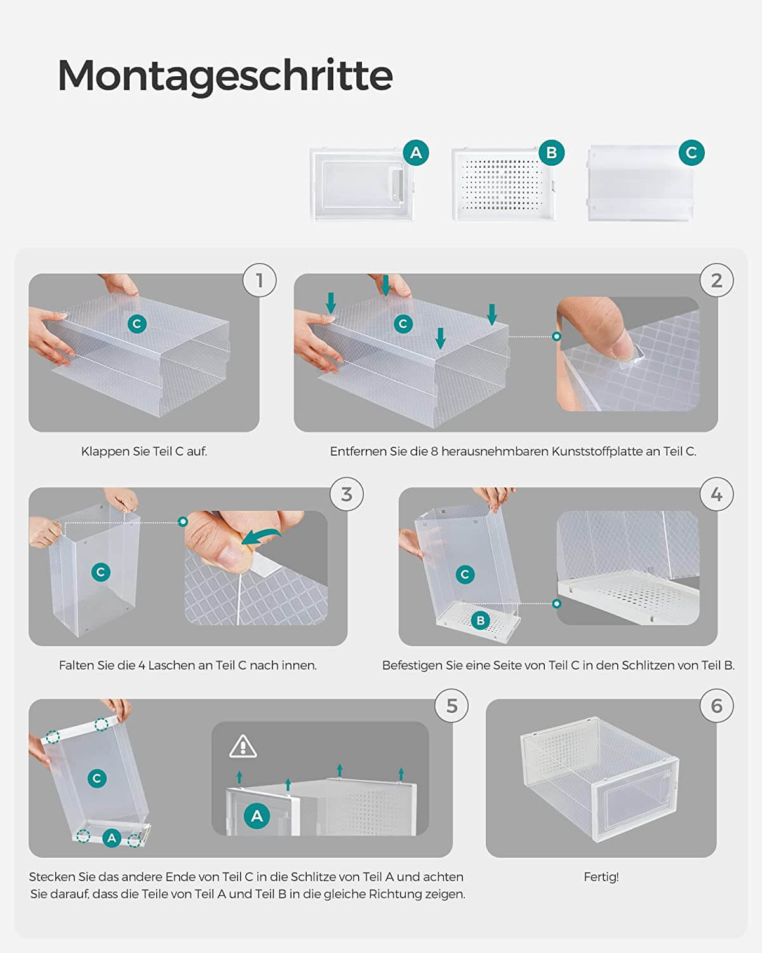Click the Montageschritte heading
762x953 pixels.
[225, 76]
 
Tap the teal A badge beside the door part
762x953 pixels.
[416, 152]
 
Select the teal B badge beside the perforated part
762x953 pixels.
[551, 152]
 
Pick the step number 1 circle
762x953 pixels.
[260, 280]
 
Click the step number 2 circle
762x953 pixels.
[716, 280]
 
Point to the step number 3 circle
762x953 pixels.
[347, 494]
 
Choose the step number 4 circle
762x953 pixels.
[716, 494]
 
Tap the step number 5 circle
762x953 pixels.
[451, 706]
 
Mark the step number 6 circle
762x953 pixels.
[716, 706]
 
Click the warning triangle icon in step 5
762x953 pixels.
[243, 747]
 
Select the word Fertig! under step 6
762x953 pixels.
[601, 877]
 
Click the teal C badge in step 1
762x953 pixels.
[137, 324]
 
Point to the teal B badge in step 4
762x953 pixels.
[481, 621]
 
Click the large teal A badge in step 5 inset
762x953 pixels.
[257, 816]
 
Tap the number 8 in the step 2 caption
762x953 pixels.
[434, 451]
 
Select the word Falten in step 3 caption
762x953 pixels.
[72, 665]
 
